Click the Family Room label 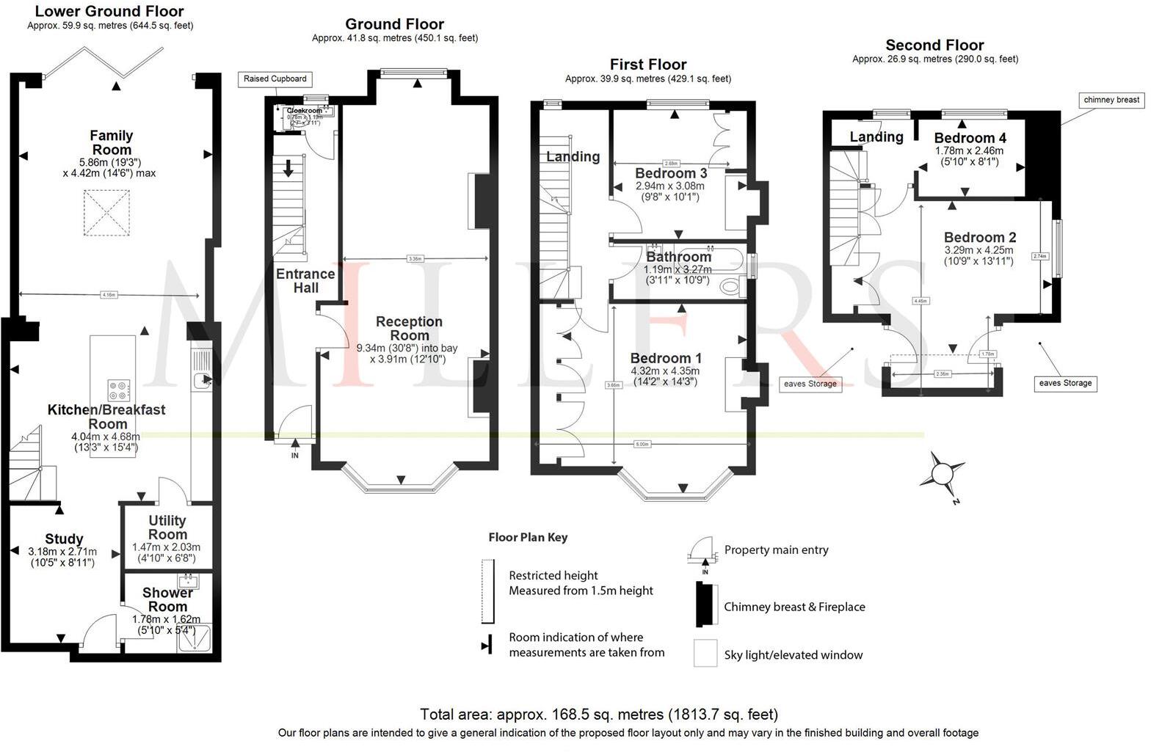[x=111, y=142]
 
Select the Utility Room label [x=167, y=528]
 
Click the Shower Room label [x=167, y=599]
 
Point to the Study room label [x=64, y=539]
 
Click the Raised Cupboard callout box [x=275, y=79]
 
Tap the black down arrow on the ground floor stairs [x=288, y=167]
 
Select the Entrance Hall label [x=305, y=280]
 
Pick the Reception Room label [x=409, y=328]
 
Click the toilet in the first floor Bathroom [x=731, y=287]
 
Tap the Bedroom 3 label [x=670, y=173]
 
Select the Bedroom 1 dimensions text [x=666, y=376]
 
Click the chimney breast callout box [x=1111, y=100]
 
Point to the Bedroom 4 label [x=970, y=138]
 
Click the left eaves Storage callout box [x=810, y=383]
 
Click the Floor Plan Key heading [x=528, y=537]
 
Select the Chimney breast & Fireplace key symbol [x=707, y=605]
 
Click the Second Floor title [x=934, y=45]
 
